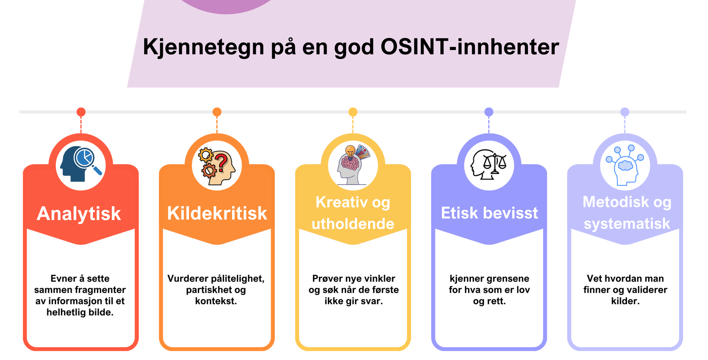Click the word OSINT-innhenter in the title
tap(469, 47)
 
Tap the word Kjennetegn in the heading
tap(204, 47)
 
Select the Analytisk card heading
tap(79, 214)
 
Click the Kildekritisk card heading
tap(217, 213)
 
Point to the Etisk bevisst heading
tap(489, 213)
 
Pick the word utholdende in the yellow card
tap(353, 224)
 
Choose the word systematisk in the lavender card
tap(627, 224)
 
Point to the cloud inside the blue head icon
tap(625, 166)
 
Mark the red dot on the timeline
tap(81, 112)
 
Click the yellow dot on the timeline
tap(353, 112)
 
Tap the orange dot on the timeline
tap(217, 112)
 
